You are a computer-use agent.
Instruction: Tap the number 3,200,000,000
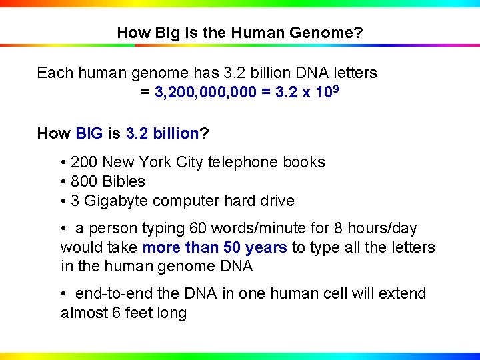tap(205, 92)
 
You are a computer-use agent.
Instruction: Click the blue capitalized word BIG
tap(89, 133)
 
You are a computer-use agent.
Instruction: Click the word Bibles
tap(123, 181)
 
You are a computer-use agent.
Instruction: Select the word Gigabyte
tap(113, 201)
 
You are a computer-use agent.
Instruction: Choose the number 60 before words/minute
tap(199, 229)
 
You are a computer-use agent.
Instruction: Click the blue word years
tap(266, 248)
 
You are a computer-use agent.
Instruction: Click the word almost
tap(83, 313)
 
